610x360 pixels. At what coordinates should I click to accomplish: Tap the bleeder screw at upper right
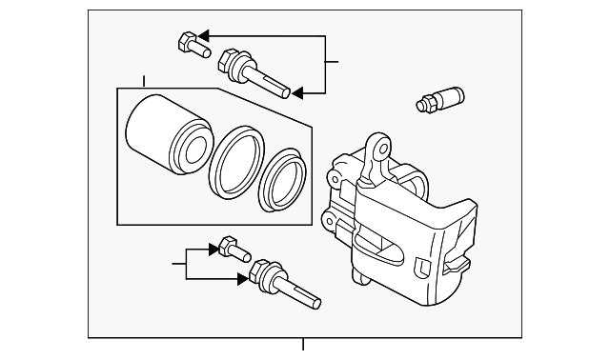439,98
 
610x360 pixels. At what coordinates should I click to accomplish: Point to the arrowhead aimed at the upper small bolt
205,36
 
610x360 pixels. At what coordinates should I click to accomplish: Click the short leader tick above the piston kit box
144,81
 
